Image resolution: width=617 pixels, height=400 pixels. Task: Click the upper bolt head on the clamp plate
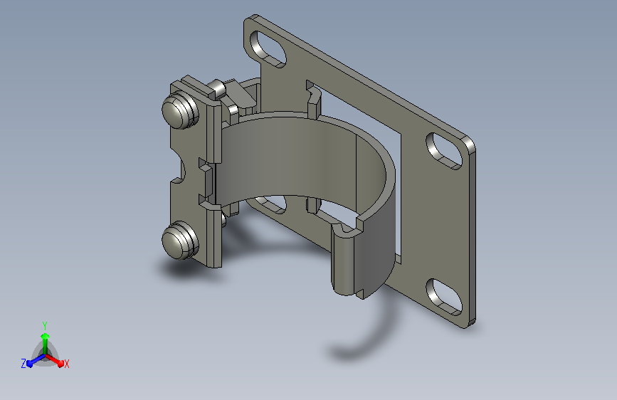point(180,110)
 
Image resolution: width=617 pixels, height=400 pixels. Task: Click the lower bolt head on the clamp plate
point(180,240)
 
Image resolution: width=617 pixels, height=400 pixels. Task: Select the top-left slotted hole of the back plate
point(268,48)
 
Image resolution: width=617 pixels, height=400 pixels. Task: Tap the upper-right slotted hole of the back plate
point(444,151)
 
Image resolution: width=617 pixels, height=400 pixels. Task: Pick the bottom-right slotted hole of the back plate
point(444,297)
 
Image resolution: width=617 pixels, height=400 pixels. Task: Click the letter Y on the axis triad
point(45,326)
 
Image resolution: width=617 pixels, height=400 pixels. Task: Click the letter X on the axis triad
point(66,364)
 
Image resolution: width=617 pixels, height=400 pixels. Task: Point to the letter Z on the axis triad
point(23,364)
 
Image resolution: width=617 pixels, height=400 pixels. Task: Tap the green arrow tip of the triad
point(46,336)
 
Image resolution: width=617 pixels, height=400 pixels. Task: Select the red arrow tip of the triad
point(60,363)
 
